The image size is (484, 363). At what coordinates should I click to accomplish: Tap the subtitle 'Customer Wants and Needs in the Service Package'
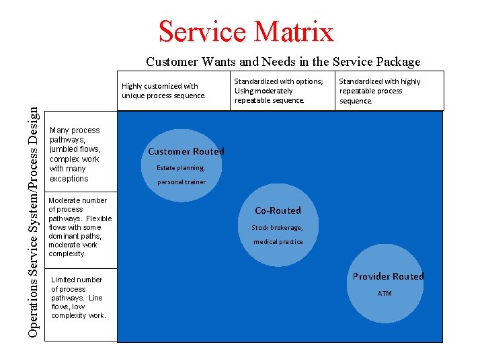click(283, 62)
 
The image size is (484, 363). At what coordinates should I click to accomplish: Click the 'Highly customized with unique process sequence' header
click(163, 91)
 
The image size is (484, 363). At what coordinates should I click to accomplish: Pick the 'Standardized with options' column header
click(278, 91)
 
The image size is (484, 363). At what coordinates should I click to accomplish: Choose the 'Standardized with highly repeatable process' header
click(380, 91)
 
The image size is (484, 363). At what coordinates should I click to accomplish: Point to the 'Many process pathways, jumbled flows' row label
click(75, 155)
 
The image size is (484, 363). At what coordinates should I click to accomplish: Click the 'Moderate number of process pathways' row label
click(80, 227)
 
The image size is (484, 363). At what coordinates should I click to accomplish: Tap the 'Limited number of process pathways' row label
click(78, 298)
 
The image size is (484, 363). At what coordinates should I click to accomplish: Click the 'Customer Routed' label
click(186, 151)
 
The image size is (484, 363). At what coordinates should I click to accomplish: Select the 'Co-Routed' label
click(278, 210)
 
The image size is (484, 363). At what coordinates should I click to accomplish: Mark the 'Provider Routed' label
click(389, 276)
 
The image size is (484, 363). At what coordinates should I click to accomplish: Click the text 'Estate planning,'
click(180, 168)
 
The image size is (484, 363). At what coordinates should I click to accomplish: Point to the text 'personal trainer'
click(182, 182)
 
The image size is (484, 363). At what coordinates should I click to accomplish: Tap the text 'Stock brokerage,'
click(277, 228)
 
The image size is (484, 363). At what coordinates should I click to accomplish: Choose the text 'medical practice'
click(278, 242)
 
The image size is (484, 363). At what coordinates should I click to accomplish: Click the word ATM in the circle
click(385, 294)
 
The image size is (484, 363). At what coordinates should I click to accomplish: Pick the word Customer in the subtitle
click(171, 62)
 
